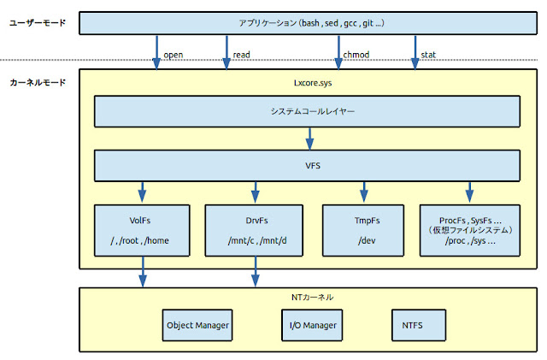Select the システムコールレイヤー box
[x=306, y=111]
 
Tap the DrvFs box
[x=254, y=228]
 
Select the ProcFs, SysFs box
[x=469, y=228]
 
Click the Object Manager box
[x=197, y=325]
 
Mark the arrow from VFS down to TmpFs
[x=364, y=189]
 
